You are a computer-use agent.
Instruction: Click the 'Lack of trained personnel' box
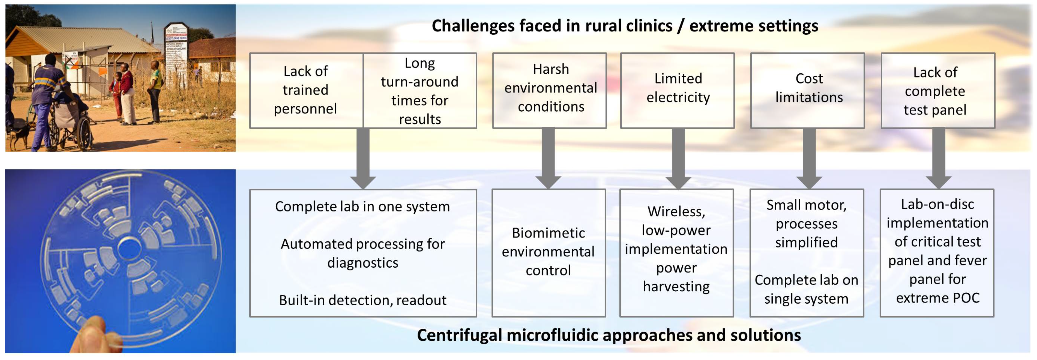tap(306, 90)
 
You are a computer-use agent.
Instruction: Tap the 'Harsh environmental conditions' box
tap(550, 90)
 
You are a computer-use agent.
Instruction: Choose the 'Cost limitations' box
tap(808, 90)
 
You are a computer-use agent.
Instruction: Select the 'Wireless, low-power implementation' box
tap(676, 253)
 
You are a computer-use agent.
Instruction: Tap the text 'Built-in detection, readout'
tap(362, 300)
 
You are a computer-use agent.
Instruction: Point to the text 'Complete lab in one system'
tap(362, 207)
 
